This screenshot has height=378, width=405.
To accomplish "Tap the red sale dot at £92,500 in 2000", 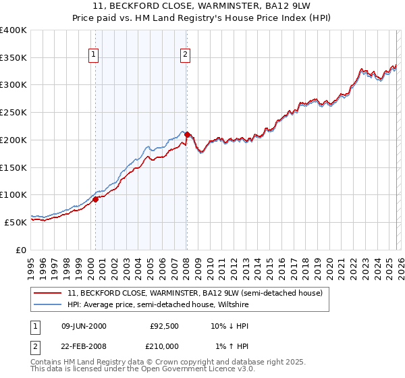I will pos(96,199).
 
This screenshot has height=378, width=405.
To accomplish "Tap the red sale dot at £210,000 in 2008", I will pos(187,134).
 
